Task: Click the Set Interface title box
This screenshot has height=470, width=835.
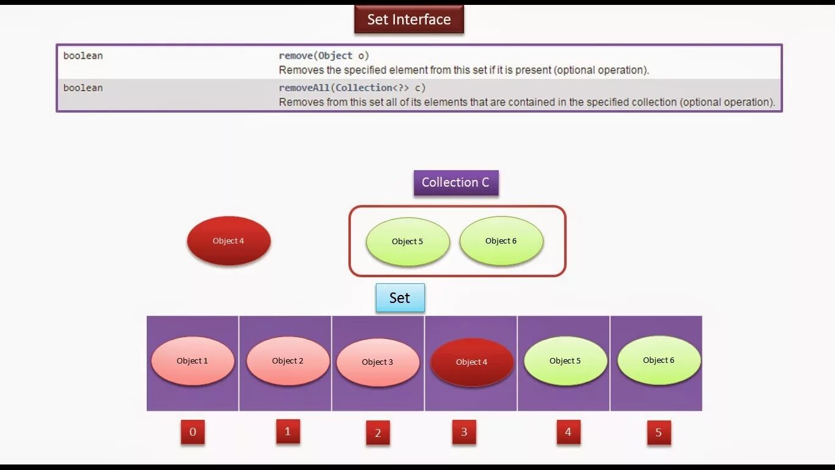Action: pos(409,20)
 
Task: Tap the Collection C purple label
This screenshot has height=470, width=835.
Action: pos(455,182)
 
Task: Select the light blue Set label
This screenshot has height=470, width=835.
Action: pos(400,298)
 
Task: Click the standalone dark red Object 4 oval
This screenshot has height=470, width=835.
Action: pos(229,241)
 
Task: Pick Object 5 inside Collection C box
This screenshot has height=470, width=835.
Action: pos(408,241)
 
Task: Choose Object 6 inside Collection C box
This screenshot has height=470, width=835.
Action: pos(501,241)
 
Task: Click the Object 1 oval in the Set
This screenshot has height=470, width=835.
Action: pos(193,361)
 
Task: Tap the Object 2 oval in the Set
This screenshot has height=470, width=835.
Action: pos(288,361)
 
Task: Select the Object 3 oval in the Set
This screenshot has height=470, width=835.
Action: pos(378,362)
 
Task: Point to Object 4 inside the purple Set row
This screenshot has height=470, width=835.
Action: pos(472,362)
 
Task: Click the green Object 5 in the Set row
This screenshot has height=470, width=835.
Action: pos(565,361)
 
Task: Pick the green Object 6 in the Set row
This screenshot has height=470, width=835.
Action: pos(659,360)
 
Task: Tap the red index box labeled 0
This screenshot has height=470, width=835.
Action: pos(193,432)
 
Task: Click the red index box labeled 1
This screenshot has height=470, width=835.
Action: pos(288,431)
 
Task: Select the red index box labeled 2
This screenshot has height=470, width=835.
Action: pos(378,433)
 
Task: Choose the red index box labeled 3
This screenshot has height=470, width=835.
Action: pos(464,432)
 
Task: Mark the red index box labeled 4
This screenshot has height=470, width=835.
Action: pos(568,432)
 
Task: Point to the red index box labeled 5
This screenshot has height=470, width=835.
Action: pos(658,433)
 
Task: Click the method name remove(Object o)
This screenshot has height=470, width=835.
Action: pos(324,56)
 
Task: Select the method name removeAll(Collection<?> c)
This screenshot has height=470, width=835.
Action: pos(352,88)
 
